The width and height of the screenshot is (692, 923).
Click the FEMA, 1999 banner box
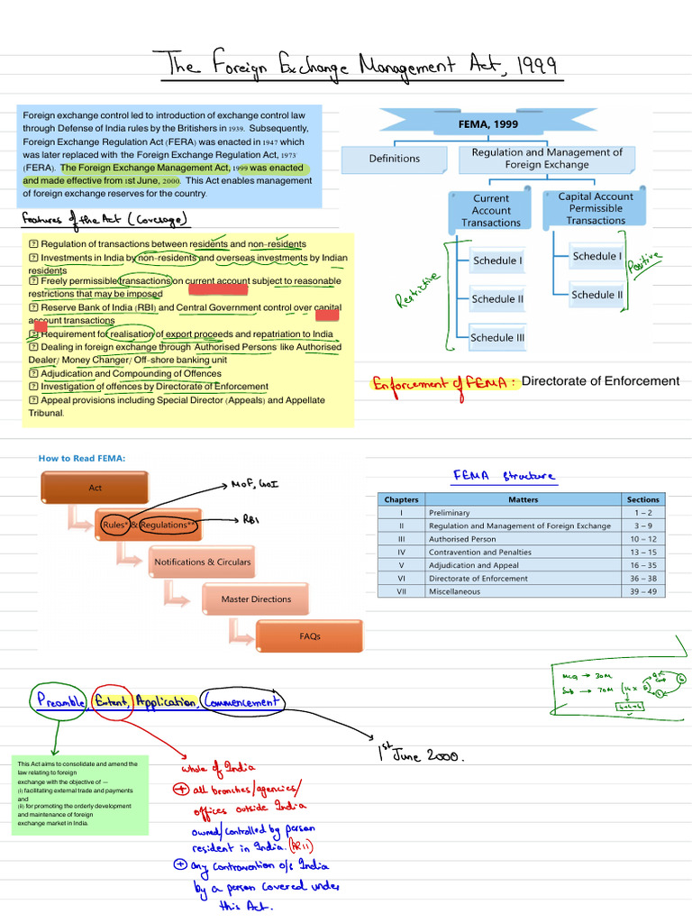(x=487, y=123)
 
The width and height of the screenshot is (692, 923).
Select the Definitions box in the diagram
(x=394, y=159)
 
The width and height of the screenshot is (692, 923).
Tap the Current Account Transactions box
(x=491, y=210)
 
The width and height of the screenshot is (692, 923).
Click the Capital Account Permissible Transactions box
(x=596, y=208)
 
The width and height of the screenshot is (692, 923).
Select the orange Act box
(x=96, y=488)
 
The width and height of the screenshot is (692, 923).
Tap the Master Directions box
(x=257, y=599)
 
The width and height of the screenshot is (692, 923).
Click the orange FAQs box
(x=310, y=636)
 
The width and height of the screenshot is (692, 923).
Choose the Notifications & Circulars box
(x=203, y=562)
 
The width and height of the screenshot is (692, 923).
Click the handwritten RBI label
(x=251, y=519)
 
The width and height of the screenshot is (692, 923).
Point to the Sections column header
(x=642, y=499)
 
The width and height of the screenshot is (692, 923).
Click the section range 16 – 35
(x=642, y=565)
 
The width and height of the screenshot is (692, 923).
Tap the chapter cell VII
(x=401, y=591)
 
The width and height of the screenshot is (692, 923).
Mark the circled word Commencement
(x=241, y=701)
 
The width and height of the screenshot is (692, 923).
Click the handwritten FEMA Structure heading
(x=504, y=476)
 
